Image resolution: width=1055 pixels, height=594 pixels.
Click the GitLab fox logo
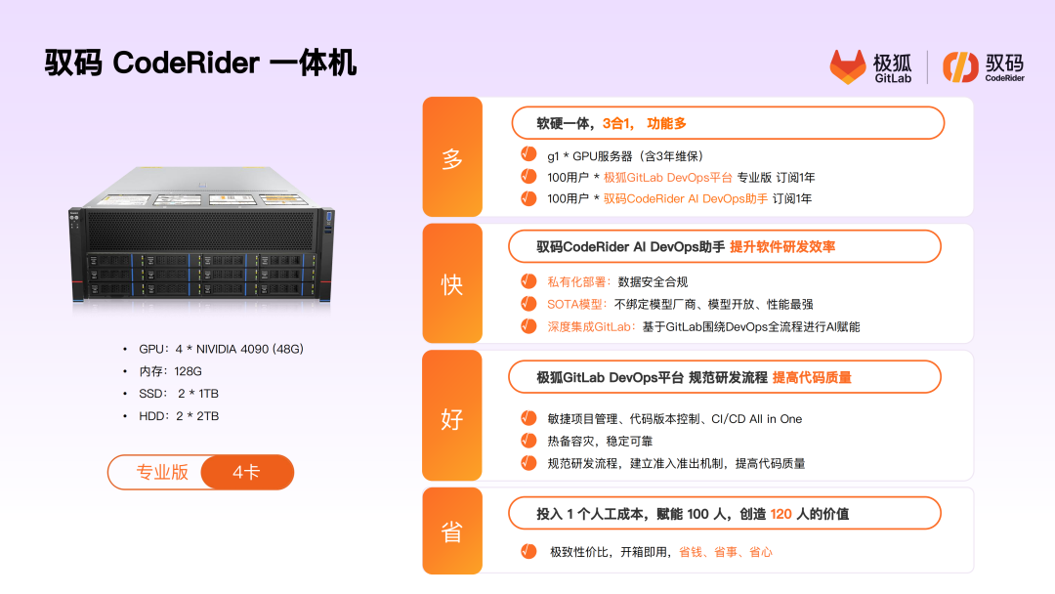pos(847,66)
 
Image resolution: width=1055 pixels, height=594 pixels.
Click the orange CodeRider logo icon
pos(960,66)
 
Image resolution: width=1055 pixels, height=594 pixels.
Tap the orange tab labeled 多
pos(452,156)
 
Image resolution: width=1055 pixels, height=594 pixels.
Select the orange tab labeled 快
pos(452,284)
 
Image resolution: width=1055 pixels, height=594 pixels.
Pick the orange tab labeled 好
pos(452,416)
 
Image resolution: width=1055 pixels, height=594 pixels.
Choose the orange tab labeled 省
pos(452,530)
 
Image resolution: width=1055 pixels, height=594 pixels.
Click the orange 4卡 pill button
pos(247,472)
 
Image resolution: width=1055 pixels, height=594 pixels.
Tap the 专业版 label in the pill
pos(162,472)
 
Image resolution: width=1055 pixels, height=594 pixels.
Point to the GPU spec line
pos(221,349)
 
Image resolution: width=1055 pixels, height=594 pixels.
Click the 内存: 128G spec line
pos(170,371)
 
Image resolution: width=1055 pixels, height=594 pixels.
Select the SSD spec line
pos(179,394)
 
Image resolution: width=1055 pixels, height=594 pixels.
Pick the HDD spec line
pos(179,416)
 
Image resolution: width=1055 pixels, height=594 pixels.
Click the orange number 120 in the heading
pos(781,514)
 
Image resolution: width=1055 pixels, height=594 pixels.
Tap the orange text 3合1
pos(617,123)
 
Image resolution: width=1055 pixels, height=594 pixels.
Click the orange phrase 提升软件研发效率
pos(782,247)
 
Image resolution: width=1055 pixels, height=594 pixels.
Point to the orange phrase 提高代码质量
pos(812,377)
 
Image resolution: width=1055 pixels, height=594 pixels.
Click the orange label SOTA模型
pos(576,304)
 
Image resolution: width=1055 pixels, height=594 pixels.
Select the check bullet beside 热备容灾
pos(528,441)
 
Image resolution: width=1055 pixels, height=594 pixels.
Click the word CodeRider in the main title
pos(186,64)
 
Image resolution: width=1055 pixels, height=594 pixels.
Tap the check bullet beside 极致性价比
pos(528,552)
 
